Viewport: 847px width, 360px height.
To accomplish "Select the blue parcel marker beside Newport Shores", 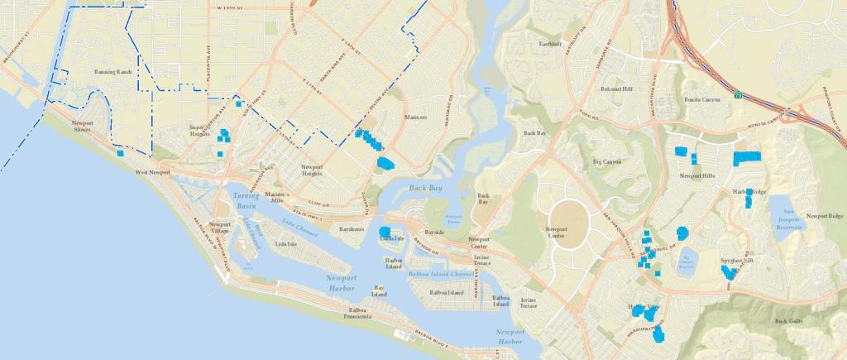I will coord(121,153).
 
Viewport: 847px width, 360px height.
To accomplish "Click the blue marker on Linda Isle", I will coord(385,231).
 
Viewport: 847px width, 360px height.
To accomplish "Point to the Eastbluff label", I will coord(551,43).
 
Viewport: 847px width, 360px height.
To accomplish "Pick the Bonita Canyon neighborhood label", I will coord(701,99).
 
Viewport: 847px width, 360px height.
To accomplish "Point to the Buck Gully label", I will coord(789,320).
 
